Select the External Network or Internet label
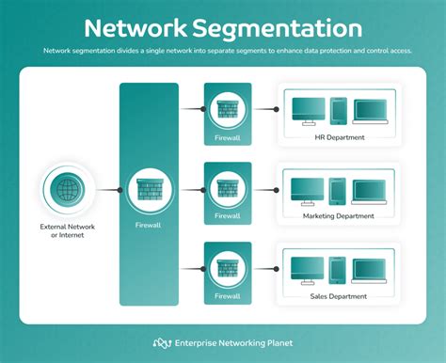(x=69, y=231)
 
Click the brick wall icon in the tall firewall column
(x=149, y=188)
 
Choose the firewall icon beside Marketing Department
(x=228, y=188)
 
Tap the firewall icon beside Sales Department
(x=228, y=269)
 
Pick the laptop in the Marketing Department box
(x=369, y=191)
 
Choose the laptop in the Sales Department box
(x=369, y=272)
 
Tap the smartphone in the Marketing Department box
(x=338, y=190)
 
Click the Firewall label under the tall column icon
(x=149, y=226)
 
